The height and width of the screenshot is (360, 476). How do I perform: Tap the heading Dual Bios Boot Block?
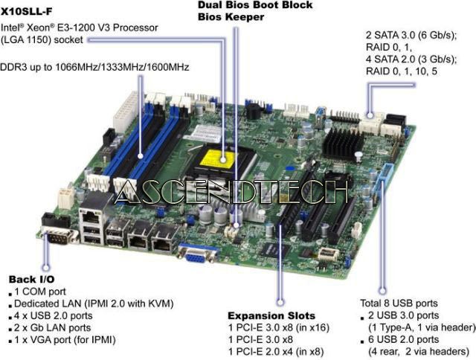click(x=255, y=5)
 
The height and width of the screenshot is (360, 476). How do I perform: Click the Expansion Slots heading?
click(x=271, y=315)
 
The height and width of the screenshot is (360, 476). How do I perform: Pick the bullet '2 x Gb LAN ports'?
click(x=53, y=327)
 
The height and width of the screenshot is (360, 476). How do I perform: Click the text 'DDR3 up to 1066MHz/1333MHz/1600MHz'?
click(x=94, y=67)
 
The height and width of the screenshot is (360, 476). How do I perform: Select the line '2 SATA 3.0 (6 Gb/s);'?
click(x=411, y=35)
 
